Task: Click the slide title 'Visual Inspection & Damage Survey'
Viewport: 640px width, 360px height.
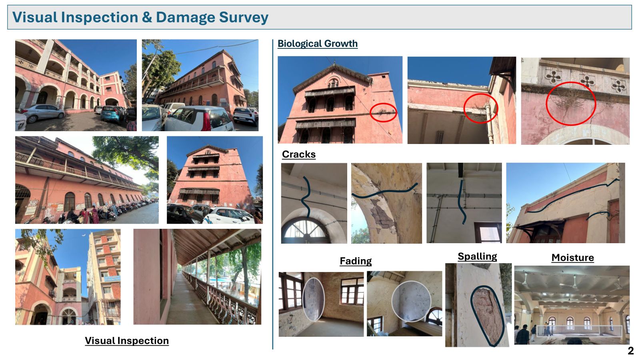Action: click(140, 17)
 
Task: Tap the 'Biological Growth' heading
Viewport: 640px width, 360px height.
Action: click(318, 44)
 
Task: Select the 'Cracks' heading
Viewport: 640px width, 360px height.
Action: click(298, 154)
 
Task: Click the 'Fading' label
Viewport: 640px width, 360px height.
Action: click(356, 261)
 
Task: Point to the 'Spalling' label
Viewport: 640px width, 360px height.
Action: click(477, 256)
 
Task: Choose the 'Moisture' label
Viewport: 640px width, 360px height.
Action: click(572, 258)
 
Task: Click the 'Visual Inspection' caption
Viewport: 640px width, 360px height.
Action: click(127, 340)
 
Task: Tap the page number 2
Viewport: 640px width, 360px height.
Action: click(630, 350)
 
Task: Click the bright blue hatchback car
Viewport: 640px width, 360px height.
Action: click(112, 114)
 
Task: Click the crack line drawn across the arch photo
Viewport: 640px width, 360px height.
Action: click(384, 192)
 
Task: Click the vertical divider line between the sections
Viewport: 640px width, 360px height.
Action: click(273, 194)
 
